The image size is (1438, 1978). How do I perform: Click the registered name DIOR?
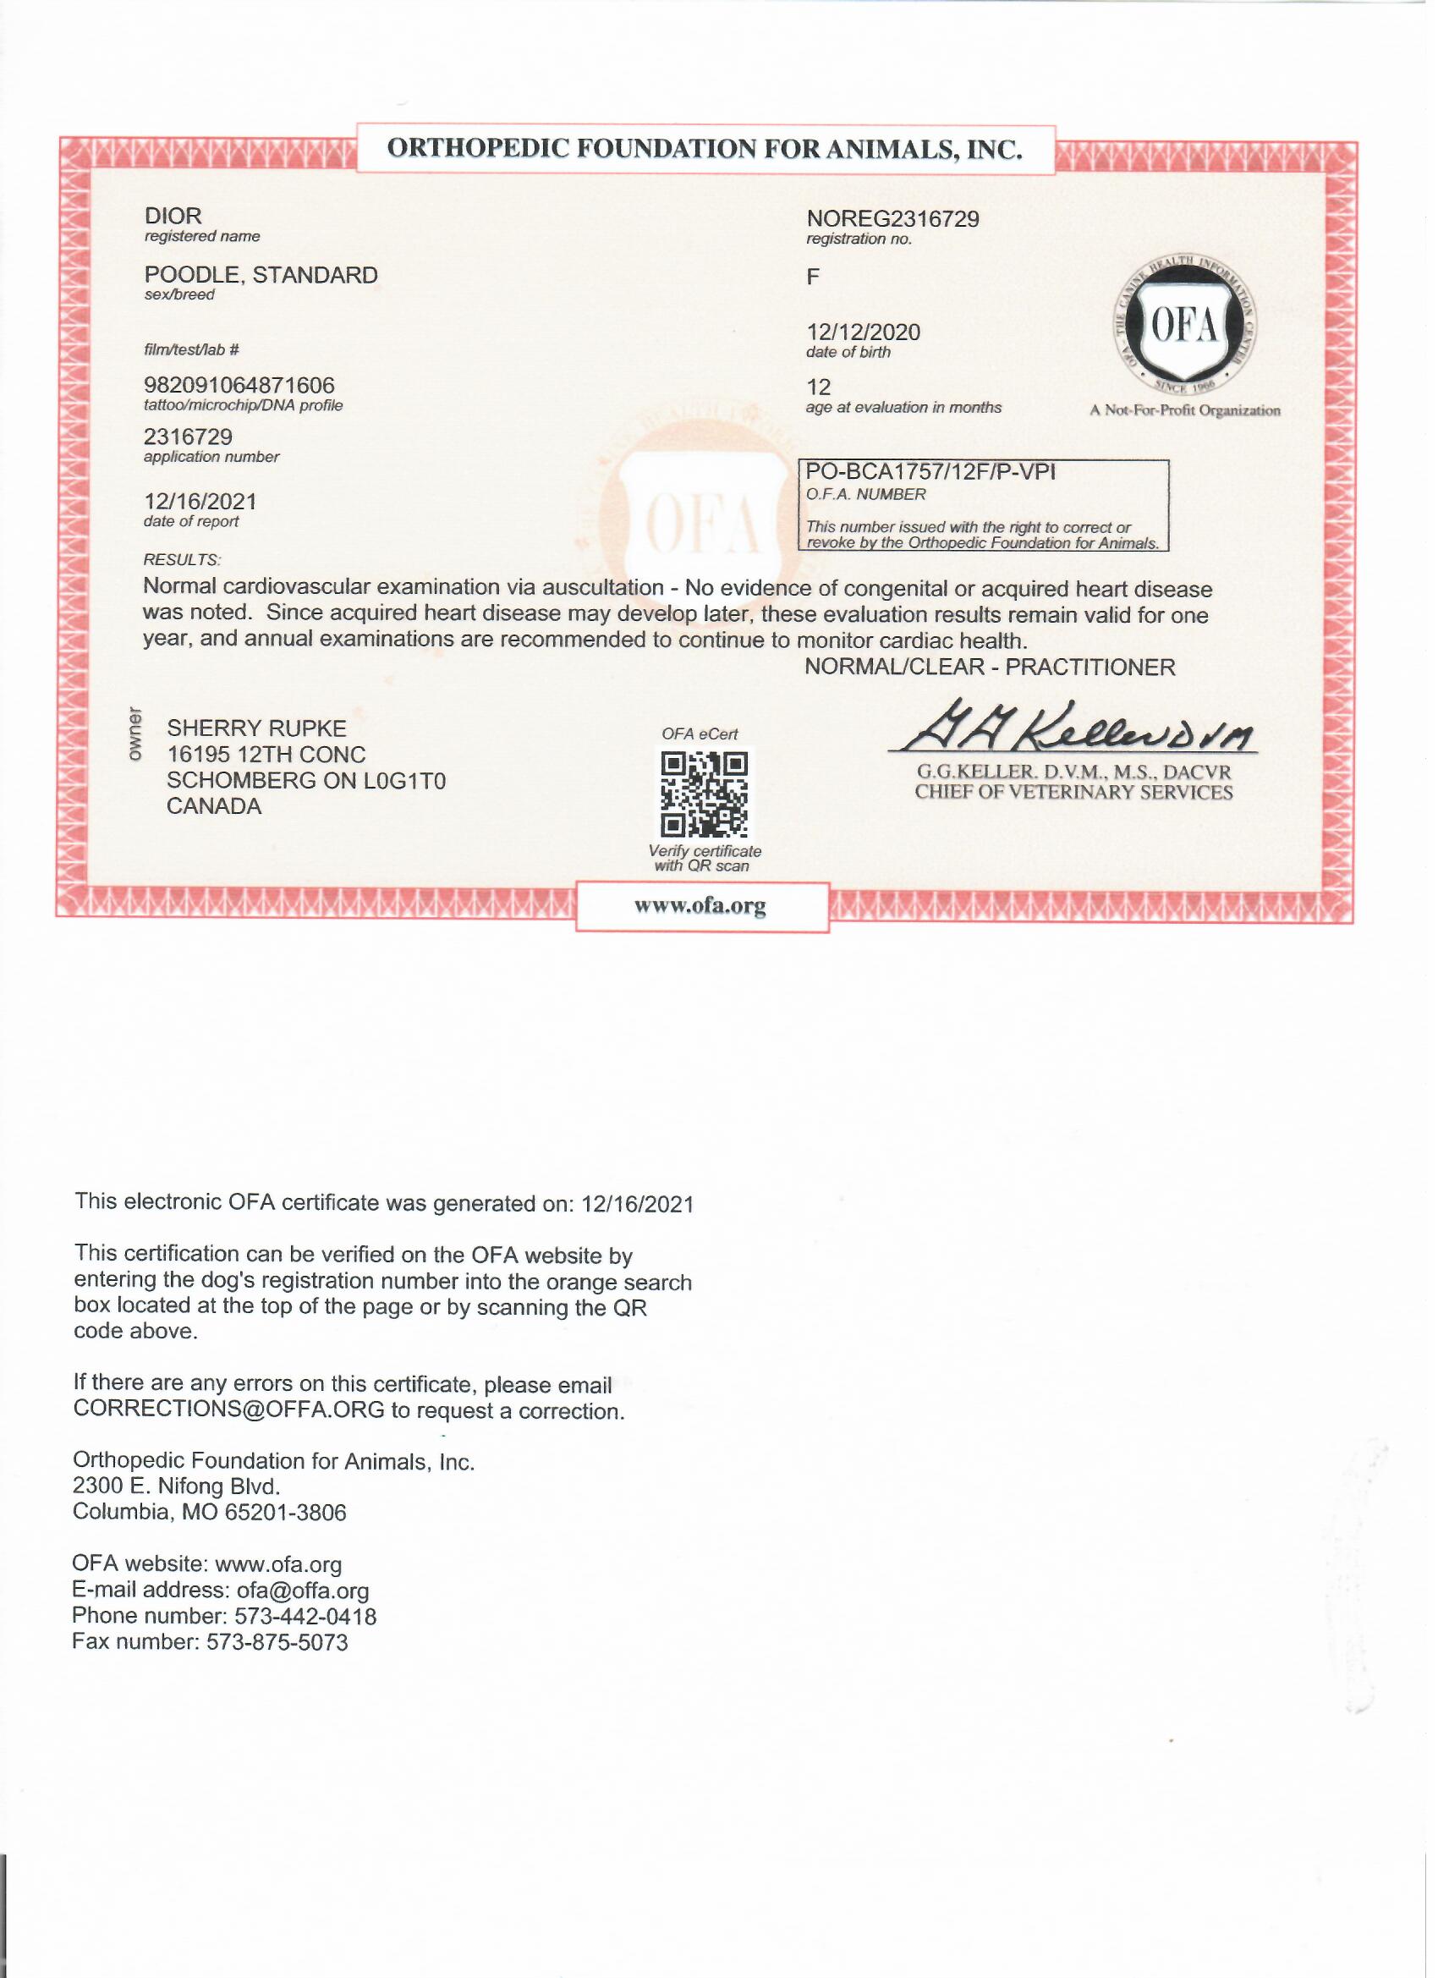pyautogui.click(x=173, y=216)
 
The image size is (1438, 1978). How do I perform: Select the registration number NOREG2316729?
pyautogui.click(x=892, y=218)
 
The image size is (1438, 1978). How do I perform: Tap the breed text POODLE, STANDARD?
pyautogui.click(x=261, y=275)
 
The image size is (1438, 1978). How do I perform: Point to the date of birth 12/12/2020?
pyautogui.click(x=863, y=332)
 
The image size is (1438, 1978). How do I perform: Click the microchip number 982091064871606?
pyautogui.click(x=239, y=385)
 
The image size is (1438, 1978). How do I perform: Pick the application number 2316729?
pyautogui.click(x=189, y=436)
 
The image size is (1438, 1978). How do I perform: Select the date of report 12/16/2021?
pyautogui.click(x=200, y=502)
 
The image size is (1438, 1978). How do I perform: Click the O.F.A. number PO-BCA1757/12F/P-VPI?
pyautogui.click(x=930, y=472)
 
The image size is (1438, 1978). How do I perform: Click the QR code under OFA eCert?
pyautogui.click(x=703, y=794)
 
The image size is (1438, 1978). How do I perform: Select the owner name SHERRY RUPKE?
pyautogui.click(x=256, y=728)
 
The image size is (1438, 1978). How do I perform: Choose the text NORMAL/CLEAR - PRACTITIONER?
pyautogui.click(x=989, y=668)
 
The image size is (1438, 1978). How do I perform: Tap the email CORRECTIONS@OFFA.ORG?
pyautogui.click(x=228, y=1410)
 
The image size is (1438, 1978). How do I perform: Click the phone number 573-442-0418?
pyautogui.click(x=305, y=1616)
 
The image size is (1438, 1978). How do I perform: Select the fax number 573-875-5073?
pyautogui.click(x=277, y=1642)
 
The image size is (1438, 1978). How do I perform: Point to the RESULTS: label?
pyautogui.click(x=181, y=559)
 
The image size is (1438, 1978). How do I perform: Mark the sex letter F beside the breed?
pyautogui.click(x=813, y=277)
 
